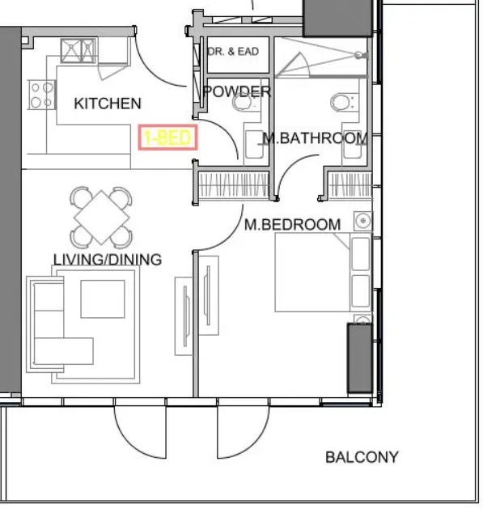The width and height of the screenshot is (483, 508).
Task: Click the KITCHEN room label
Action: tap(107, 104)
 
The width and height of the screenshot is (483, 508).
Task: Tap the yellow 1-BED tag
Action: tap(167, 138)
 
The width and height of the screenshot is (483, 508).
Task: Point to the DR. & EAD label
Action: tap(233, 52)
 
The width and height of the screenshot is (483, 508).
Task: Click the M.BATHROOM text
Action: tap(316, 138)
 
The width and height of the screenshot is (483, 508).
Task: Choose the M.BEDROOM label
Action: tap(292, 224)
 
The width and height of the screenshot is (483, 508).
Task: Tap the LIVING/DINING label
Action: tap(107, 260)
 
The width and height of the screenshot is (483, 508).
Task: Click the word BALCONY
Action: tap(362, 457)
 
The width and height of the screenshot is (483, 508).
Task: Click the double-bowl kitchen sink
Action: tap(78, 49)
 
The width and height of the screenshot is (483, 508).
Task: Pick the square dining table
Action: tap(102, 216)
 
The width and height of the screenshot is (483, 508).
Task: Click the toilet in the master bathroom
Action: tap(341, 102)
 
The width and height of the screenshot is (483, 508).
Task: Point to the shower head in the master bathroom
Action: tap(357, 55)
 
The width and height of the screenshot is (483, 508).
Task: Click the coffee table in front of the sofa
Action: tap(103, 298)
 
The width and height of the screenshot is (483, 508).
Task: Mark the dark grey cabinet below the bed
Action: tap(359, 357)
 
